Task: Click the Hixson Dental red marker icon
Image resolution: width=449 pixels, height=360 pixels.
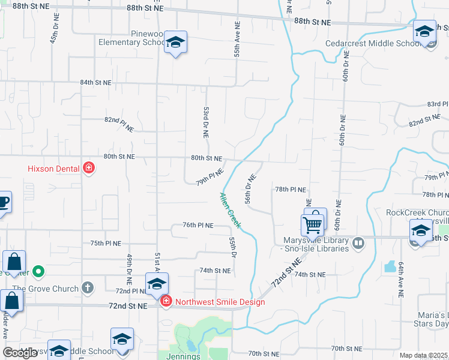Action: click(89, 168)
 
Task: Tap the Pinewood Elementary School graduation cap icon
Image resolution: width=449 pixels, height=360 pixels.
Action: click(175, 43)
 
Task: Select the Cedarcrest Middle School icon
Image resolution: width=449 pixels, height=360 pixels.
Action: click(424, 31)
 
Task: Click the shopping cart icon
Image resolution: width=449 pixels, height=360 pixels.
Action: click(312, 226)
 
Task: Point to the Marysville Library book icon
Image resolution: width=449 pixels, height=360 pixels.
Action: click(358, 243)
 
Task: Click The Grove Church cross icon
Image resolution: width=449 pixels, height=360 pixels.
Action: click(88, 288)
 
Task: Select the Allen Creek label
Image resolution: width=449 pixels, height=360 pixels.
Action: click(230, 211)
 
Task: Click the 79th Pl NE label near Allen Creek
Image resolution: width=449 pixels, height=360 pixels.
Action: click(209, 177)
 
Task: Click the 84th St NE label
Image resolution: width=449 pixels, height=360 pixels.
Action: click(96, 82)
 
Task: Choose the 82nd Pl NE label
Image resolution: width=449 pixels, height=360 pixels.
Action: click(119, 124)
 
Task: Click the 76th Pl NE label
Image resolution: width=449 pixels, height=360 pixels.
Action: click(198, 225)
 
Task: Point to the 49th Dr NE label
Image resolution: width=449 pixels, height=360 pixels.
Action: click(129, 269)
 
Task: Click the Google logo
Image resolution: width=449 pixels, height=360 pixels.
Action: click(20, 352)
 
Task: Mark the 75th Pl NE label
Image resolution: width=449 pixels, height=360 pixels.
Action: click(106, 244)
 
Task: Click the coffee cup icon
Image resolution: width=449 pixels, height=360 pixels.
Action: click(3, 203)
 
